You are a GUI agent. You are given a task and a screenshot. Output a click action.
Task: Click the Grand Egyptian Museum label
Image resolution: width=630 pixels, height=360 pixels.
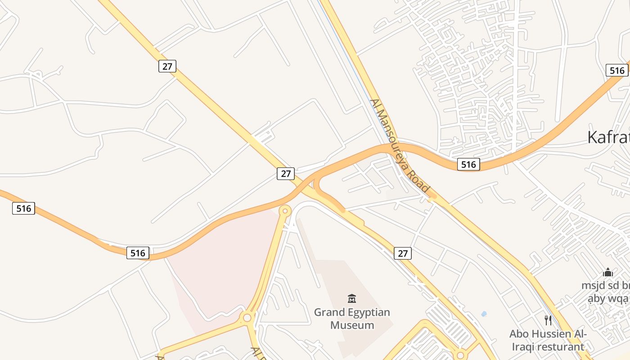coord(352,318)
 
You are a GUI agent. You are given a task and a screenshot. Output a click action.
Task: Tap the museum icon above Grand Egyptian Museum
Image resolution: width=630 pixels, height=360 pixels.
coord(352,298)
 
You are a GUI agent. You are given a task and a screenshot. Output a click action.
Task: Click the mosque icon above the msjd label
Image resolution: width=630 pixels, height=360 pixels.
coord(608,272)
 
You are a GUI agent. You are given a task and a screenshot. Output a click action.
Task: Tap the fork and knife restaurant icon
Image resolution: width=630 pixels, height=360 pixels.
coord(548,320)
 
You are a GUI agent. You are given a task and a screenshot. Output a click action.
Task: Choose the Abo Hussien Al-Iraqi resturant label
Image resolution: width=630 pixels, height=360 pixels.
coord(548,340)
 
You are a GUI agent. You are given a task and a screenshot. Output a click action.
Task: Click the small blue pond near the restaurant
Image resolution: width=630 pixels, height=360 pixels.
coord(484,314)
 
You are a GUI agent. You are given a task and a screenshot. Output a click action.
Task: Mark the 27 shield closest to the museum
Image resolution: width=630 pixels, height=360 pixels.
coord(403,253)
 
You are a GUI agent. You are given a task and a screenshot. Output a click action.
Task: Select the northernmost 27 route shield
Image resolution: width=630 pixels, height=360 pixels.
coord(167,66)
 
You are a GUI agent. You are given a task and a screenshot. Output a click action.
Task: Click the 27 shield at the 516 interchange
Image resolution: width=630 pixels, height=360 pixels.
coord(285,173)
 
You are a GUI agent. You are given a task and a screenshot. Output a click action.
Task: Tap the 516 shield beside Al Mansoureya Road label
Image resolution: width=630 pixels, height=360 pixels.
coord(468,165)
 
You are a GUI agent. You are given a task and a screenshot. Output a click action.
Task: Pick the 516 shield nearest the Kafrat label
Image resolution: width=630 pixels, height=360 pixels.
coord(617,70)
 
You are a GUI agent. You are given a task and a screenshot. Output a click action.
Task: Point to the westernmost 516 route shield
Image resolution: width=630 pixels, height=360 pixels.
coord(23,208)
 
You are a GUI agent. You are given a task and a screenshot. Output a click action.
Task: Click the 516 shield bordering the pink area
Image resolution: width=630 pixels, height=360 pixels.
coord(138,253)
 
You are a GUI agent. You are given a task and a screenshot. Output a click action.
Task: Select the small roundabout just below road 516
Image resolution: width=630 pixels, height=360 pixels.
coord(285,210)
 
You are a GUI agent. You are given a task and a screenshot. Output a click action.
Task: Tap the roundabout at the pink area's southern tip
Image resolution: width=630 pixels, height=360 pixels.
coord(247,318)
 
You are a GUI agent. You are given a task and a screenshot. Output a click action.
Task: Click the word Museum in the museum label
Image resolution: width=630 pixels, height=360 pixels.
coord(352,325)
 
